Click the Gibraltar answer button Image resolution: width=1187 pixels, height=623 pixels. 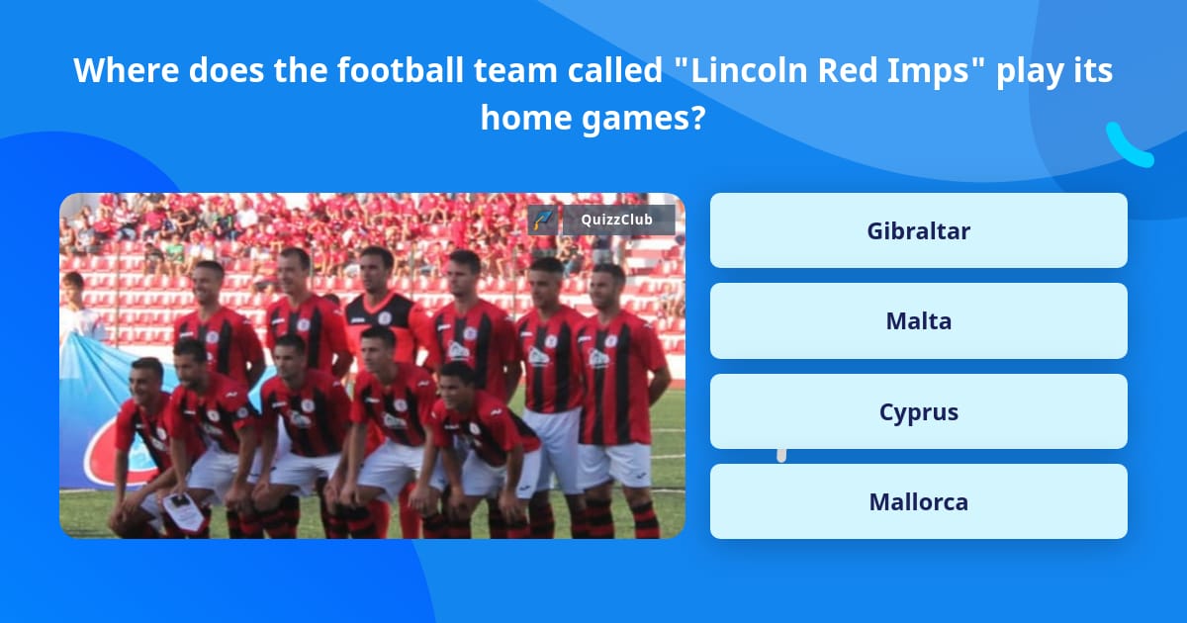(918, 230)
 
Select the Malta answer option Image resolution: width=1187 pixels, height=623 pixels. (918, 321)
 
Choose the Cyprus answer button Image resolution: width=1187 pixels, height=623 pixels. (918, 411)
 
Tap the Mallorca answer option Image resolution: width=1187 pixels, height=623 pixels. (918, 501)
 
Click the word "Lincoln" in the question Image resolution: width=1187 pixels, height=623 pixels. (749, 70)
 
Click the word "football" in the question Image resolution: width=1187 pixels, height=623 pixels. (400, 70)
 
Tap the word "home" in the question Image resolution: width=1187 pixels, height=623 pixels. (525, 118)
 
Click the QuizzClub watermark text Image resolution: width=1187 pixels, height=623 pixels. (616, 220)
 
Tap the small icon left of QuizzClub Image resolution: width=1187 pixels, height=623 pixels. (543, 220)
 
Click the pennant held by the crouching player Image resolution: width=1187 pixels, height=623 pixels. (183, 510)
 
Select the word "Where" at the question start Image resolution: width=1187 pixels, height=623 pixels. (127, 70)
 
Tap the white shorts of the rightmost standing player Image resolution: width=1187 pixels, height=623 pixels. (615, 464)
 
